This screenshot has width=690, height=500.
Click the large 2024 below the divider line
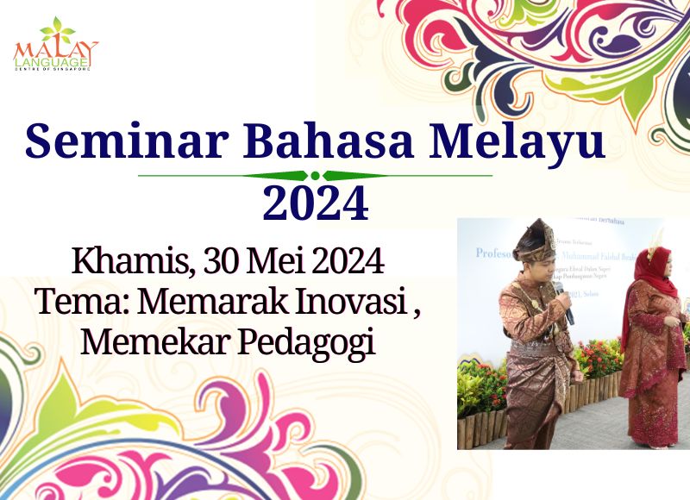pos(316,203)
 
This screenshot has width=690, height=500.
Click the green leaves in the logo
pos(58,29)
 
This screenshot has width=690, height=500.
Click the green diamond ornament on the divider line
pos(316,176)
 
